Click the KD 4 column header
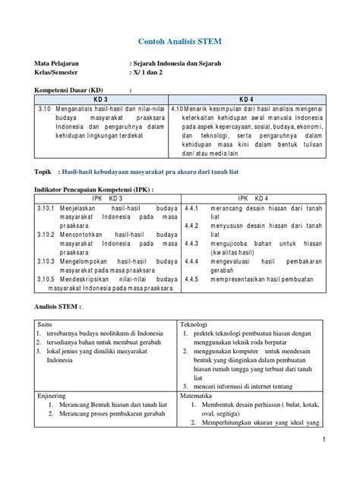247,100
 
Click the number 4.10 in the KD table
179,110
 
